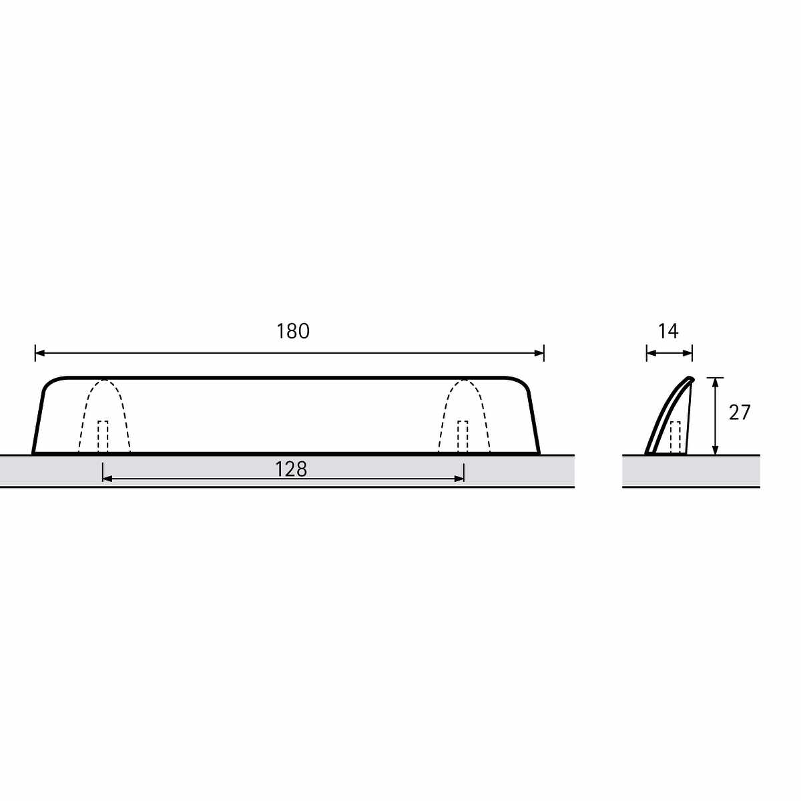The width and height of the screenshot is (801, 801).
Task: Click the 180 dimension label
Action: coord(292,332)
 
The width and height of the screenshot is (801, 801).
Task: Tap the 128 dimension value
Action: coord(291,469)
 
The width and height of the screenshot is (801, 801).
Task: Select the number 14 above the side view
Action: coord(668,331)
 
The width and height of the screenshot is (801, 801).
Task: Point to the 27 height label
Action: coord(740,413)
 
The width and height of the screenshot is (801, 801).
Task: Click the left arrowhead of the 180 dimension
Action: coord(40,353)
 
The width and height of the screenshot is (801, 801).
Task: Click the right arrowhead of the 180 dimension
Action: coord(539,353)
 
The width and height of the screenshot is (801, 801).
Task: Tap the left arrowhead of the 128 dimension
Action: coord(107,479)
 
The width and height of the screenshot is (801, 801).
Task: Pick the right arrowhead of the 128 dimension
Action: coord(459,479)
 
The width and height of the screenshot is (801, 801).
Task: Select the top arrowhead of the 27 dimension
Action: coord(716,382)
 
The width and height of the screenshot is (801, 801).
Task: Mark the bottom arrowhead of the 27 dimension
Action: coord(716,450)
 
